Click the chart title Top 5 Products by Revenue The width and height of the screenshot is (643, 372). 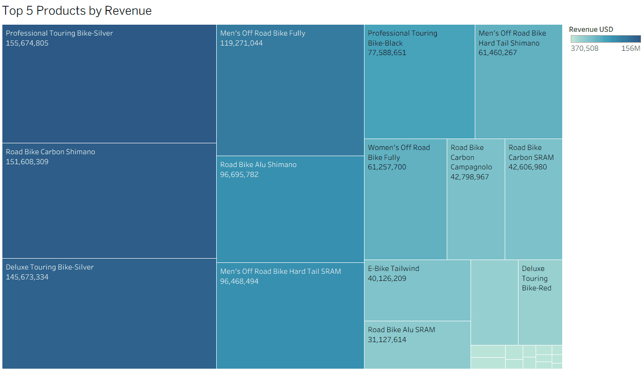pos(77,11)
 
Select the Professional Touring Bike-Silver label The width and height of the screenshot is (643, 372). pos(59,33)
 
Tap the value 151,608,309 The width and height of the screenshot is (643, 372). pos(27,162)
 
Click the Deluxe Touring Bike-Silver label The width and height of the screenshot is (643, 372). pos(50,267)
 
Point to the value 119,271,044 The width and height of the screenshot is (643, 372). pos(241,43)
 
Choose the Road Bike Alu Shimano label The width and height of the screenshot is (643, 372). pos(258,165)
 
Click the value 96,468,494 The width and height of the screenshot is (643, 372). pos(240,281)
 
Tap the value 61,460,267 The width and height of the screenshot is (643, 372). pos(498,53)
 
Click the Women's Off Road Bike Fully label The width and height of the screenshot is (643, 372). pos(399,152)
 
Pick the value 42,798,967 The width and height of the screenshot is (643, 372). pos(470,177)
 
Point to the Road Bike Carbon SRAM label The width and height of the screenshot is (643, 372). pos(531,152)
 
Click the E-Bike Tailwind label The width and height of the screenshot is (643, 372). pos(393,269)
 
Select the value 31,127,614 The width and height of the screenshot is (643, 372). pos(387,340)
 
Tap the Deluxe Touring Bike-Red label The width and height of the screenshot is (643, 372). pos(536,278)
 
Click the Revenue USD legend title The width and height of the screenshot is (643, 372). pos(591,29)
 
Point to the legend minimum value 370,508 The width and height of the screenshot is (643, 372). pos(585,48)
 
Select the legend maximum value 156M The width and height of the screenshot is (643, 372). pos(631,48)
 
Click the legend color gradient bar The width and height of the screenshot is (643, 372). pos(605,39)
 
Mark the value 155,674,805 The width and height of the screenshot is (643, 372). pos(27,43)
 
